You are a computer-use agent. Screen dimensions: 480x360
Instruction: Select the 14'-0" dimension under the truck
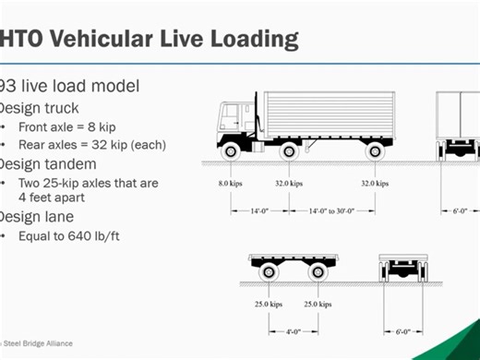(258, 210)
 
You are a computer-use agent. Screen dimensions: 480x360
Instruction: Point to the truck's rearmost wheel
(373, 149)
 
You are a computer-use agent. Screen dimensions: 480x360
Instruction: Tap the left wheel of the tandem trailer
(269, 272)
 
